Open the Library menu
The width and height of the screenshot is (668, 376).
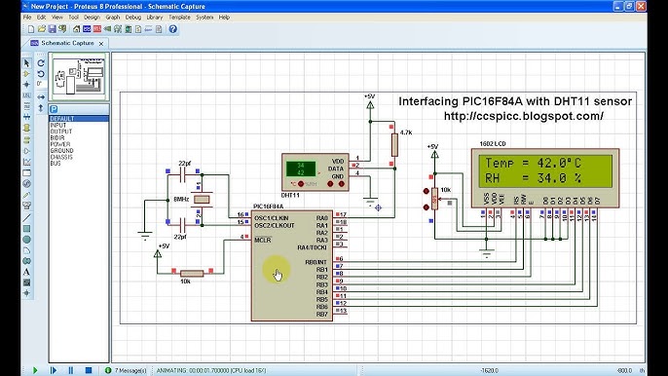[x=154, y=17]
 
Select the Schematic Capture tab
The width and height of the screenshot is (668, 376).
[x=69, y=44]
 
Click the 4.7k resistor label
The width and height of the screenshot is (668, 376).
[x=406, y=132]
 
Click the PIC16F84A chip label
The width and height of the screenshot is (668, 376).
[x=268, y=207]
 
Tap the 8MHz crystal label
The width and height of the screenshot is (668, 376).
[x=181, y=199]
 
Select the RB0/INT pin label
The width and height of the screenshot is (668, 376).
[x=315, y=261]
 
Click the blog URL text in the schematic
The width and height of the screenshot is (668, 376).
[x=523, y=116]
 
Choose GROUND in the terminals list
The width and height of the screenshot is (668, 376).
[x=61, y=151]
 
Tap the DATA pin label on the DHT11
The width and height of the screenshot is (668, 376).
[x=337, y=169]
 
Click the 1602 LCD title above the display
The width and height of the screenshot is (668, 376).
[x=493, y=144]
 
